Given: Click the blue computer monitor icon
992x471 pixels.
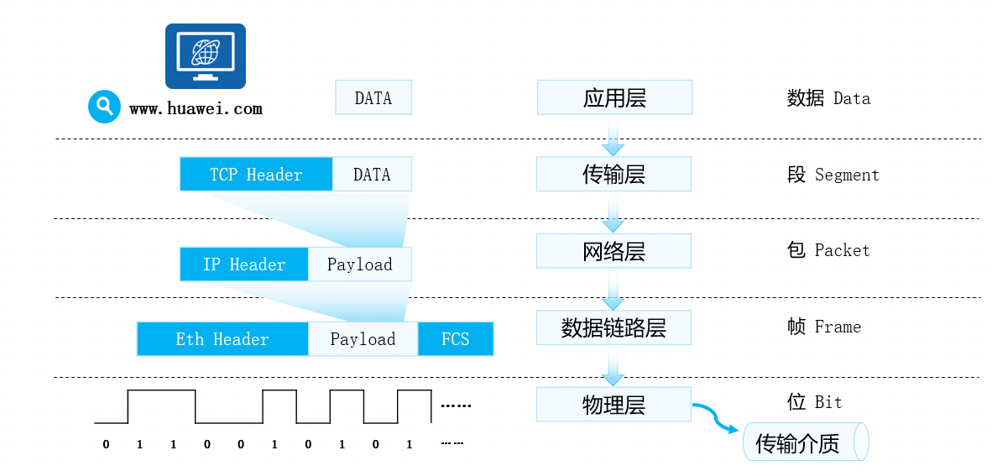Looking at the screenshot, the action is tap(206, 56).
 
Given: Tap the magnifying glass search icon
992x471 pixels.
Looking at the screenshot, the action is tap(104, 107).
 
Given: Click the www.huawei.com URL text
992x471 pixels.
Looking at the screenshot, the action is tap(196, 109).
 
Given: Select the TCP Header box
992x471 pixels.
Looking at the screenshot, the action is tap(256, 174).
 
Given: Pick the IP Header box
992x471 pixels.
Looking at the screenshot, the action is tap(244, 264).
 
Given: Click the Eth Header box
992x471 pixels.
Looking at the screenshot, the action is tap(222, 339).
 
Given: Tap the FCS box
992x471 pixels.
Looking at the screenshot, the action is tap(456, 339).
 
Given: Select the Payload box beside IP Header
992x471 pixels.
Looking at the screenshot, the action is tap(360, 264).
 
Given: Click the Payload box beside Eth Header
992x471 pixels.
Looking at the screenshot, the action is tap(363, 339).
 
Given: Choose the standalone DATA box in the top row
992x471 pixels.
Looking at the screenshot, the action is tap(373, 97).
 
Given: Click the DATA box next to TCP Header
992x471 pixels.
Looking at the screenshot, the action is tap(372, 174).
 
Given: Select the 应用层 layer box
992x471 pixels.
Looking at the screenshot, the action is tap(615, 97).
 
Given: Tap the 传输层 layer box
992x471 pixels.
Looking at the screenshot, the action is tap(614, 174).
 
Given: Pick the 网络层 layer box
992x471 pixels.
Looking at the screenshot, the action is tap(614, 251).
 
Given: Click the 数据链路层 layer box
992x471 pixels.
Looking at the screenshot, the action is tap(614, 327).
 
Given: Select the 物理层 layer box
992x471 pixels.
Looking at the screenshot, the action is tap(614, 404).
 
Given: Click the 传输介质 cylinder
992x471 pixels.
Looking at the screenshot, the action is tap(806, 442).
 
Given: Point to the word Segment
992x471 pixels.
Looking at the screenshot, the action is tap(847, 175).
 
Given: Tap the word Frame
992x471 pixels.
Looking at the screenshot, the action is tap(838, 327).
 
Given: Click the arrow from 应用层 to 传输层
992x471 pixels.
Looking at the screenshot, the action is tap(613, 135).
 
